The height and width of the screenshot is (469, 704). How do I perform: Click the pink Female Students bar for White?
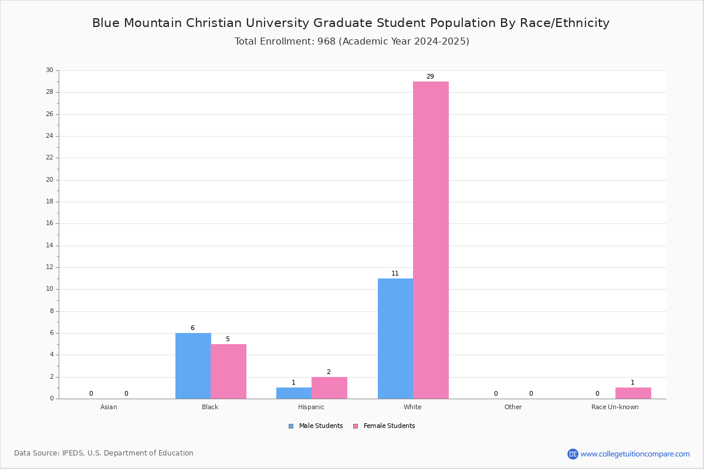(431, 240)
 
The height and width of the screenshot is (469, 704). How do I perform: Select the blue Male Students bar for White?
(395, 339)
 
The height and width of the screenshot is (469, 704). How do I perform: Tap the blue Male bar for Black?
(193, 366)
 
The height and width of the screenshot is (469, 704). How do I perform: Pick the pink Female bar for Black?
(228, 372)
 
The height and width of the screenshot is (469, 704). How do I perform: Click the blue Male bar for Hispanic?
(294, 393)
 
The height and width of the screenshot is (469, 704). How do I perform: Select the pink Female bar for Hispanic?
(329, 388)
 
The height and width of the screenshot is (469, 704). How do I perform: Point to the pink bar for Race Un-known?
(633, 393)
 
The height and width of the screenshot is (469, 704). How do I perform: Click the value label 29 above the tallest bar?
(430, 76)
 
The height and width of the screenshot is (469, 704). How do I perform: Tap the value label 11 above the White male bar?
(395, 273)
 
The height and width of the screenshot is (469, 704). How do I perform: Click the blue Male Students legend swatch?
(291, 426)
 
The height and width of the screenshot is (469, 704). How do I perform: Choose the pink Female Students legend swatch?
(356, 426)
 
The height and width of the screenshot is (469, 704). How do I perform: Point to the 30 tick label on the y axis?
(50, 70)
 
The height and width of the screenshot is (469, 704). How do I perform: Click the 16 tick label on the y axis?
(50, 223)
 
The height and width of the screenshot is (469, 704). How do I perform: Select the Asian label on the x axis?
(109, 407)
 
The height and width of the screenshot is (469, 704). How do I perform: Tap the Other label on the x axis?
(513, 407)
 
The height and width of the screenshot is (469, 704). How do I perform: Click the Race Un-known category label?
(615, 407)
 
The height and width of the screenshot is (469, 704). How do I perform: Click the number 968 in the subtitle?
(327, 42)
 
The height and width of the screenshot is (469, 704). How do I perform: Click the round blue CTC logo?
(573, 454)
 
